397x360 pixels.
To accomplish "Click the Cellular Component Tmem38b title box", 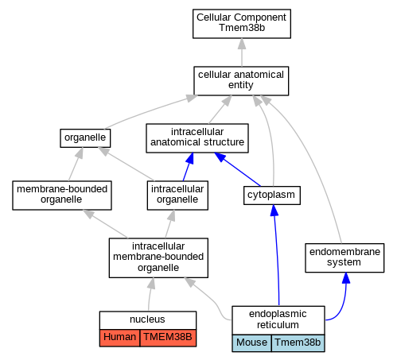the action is coord(242,24).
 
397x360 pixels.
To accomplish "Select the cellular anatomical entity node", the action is coord(241,81).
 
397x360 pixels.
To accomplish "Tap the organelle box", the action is coord(85,138).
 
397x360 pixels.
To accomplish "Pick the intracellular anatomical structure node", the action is coord(197,138).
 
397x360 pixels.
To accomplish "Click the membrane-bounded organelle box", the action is coord(62,195).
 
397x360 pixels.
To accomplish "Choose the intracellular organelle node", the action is coord(177,195).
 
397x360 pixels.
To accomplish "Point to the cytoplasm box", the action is coord(272,195).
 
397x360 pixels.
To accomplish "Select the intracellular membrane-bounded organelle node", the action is coord(158,257).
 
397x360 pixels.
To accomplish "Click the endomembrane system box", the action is coord(344,257).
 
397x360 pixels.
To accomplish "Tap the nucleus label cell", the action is coord(148,320).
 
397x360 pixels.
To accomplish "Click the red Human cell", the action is coord(119,338).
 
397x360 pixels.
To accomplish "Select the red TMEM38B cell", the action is coord(168,338).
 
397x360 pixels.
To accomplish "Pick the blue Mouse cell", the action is coord(251,343).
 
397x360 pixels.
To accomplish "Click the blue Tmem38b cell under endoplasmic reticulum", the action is coord(298,343).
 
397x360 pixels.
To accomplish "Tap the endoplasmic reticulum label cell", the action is coord(278,320).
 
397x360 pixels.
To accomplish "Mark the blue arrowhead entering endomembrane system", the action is coord(346,278).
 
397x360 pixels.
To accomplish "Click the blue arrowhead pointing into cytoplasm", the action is coord(274,211).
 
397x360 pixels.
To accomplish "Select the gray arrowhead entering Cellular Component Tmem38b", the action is coord(242,44).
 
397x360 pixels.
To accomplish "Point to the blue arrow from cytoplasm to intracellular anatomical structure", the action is coord(237,169).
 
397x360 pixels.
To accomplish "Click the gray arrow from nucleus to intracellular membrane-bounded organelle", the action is coord(150,294).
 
